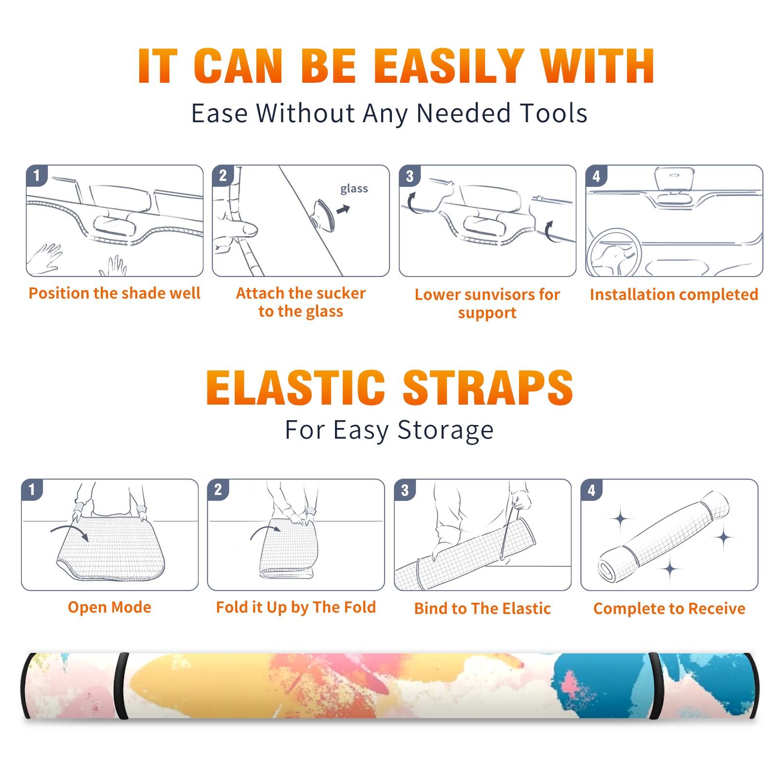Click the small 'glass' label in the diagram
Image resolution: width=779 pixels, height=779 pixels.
pyautogui.click(x=354, y=189)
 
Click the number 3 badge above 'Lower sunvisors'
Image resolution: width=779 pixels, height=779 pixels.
pyautogui.click(x=409, y=176)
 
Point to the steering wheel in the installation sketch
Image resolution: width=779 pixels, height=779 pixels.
pyautogui.click(x=614, y=253)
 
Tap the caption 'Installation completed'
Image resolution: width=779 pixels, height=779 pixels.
pyautogui.click(x=674, y=294)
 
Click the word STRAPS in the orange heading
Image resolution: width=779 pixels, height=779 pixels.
pyautogui.click(x=488, y=388)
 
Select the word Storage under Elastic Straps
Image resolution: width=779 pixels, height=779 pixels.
pyautogui.click(x=445, y=430)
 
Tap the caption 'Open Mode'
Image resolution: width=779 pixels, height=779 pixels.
pyautogui.click(x=110, y=607)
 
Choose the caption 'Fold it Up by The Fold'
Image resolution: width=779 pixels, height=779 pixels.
pyautogui.click(x=296, y=607)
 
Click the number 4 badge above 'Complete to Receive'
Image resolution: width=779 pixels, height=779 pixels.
pyautogui.click(x=592, y=490)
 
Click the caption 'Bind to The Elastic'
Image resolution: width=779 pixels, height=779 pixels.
pyautogui.click(x=482, y=609)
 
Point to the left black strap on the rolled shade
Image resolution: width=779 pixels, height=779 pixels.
pyautogui.click(x=121, y=686)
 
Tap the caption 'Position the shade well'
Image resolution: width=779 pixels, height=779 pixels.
pyautogui.click(x=114, y=293)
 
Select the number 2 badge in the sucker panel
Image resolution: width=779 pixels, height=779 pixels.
pyautogui.click(x=223, y=176)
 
